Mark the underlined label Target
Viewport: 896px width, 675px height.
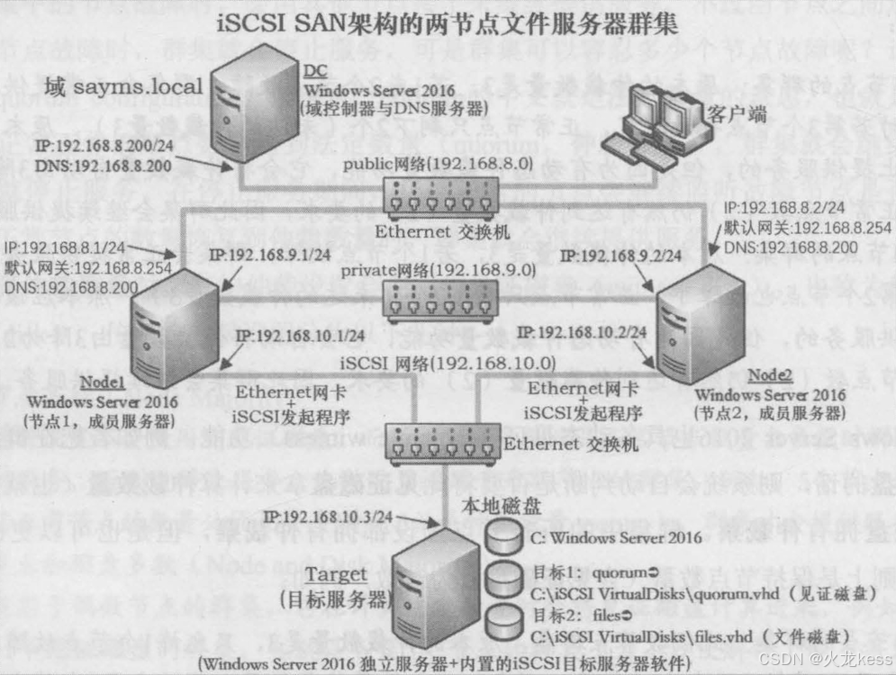[x=335, y=575]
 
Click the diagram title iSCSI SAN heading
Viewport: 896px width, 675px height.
[x=448, y=23]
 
